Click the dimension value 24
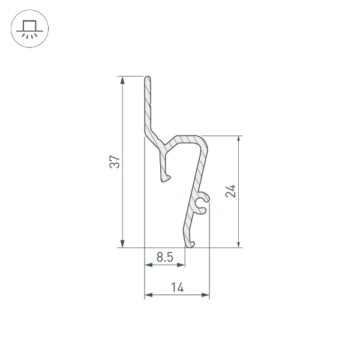click(x=231, y=191)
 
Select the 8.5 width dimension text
click(x=164, y=257)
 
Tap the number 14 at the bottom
click(x=177, y=288)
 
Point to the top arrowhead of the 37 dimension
click(x=122, y=80)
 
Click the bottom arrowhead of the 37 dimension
click(x=122, y=243)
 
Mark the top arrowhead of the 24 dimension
click(x=239, y=140)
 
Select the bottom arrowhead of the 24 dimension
click(x=239, y=243)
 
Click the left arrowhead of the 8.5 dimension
click(x=148, y=265)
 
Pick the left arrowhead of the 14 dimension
click(x=148, y=295)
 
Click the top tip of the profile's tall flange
click(x=148, y=78)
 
